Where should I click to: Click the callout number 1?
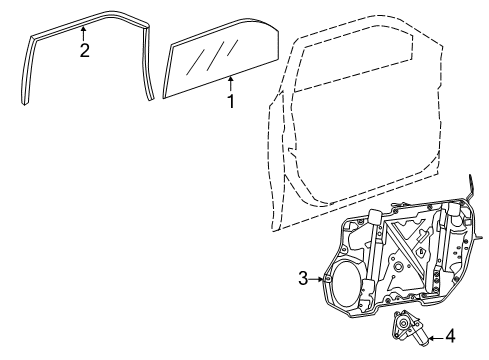231,101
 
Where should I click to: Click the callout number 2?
85,50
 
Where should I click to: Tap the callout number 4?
451,336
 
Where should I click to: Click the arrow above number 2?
85,33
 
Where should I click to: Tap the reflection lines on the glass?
212,50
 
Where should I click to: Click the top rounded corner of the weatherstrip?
140,22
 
